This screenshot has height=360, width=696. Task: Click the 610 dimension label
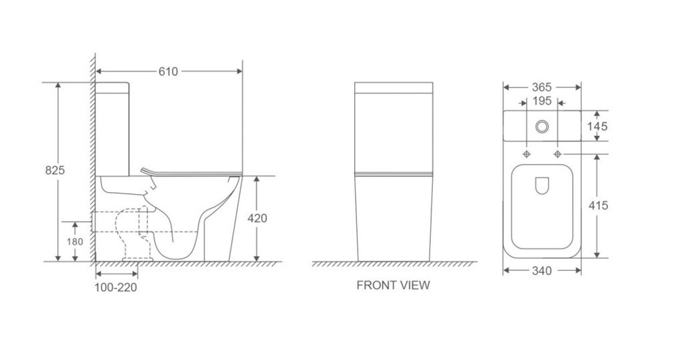168,72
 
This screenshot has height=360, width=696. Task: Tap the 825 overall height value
55,170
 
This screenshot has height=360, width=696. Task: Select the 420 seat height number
257,219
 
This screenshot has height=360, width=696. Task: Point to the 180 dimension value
74,242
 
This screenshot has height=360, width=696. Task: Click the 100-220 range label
116,288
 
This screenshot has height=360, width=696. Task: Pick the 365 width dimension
541,88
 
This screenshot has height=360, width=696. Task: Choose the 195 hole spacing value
541,101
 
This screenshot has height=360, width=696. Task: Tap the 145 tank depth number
597,127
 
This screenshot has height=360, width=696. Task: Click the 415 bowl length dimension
598,205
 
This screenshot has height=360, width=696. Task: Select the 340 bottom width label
541,271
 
